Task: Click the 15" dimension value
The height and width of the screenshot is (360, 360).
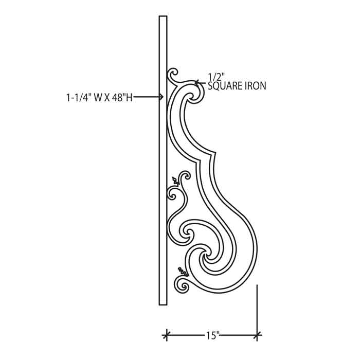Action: [x=212, y=336]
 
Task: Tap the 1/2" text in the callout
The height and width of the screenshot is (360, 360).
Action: [x=216, y=77]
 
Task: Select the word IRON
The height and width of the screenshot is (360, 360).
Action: [x=256, y=86]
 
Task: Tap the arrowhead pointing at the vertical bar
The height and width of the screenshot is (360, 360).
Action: [x=161, y=97]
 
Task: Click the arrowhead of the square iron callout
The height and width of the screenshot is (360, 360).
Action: [x=197, y=83]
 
